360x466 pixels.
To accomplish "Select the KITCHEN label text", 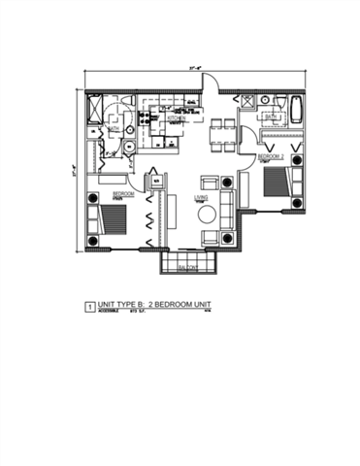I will pyautogui.click(x=176, y=119).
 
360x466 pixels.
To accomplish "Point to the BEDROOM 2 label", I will pyautogui.click(x=271, y=154).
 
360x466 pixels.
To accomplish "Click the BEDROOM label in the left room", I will pyautogui.click(x=121, y=194).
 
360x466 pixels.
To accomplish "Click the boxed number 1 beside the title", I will pyautogui.click(x=90, y=306).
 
